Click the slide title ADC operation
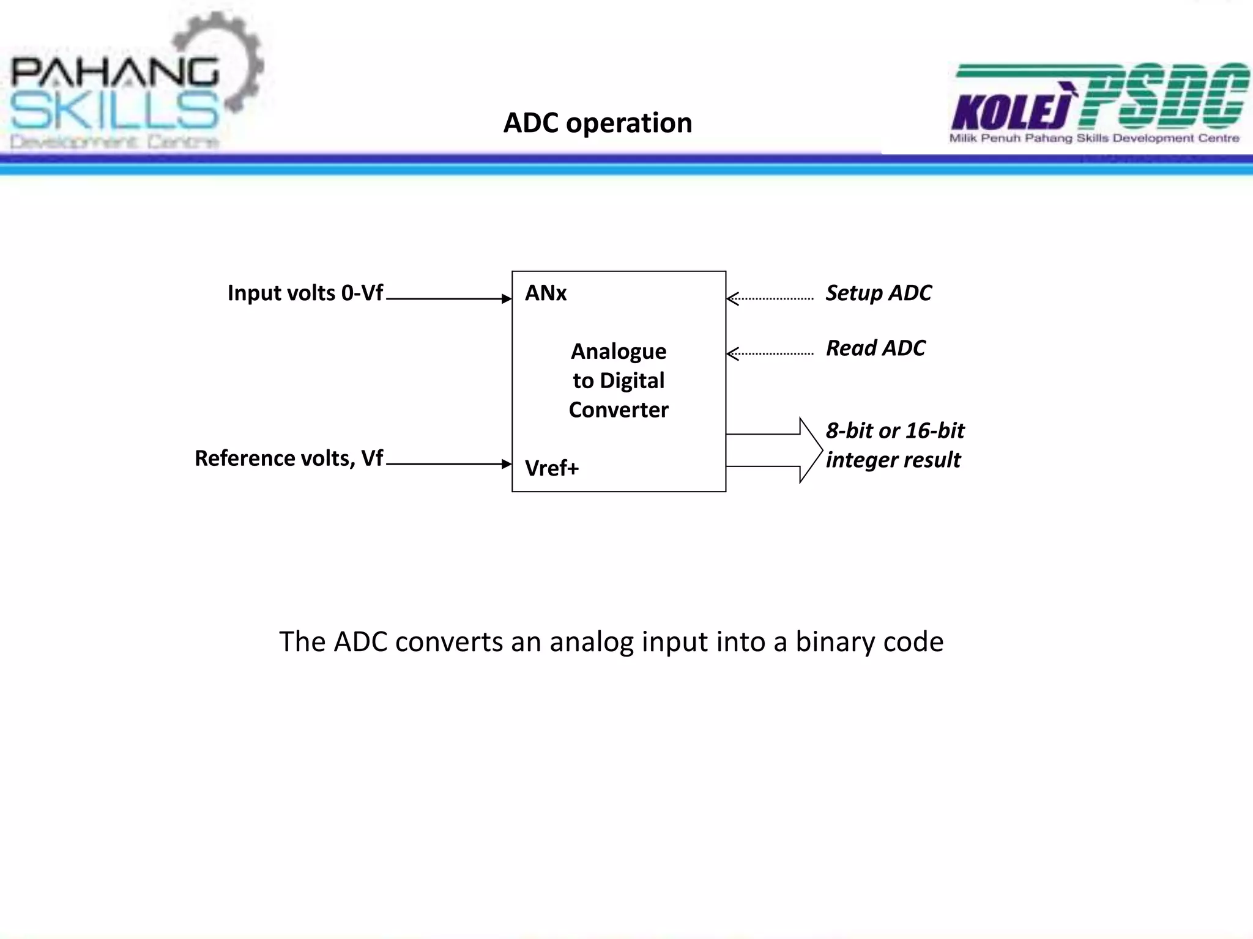coord(597,123)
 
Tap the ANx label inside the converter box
coord(545,293)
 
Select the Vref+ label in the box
coord(551,468)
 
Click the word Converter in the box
coord(618,410)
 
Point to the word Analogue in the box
coord(618,352)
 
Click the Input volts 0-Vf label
coord(305,293)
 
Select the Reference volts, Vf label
coord(288,458)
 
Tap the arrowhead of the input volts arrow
coord(507,299)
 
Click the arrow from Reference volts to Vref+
coord(448,464)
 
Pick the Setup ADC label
coord(878,293)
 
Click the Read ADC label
coord(875,348)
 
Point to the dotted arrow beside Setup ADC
coord(770,299)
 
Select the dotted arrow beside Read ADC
coord(770,354)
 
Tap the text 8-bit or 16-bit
coord(894,431)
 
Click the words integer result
coord(893,460)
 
